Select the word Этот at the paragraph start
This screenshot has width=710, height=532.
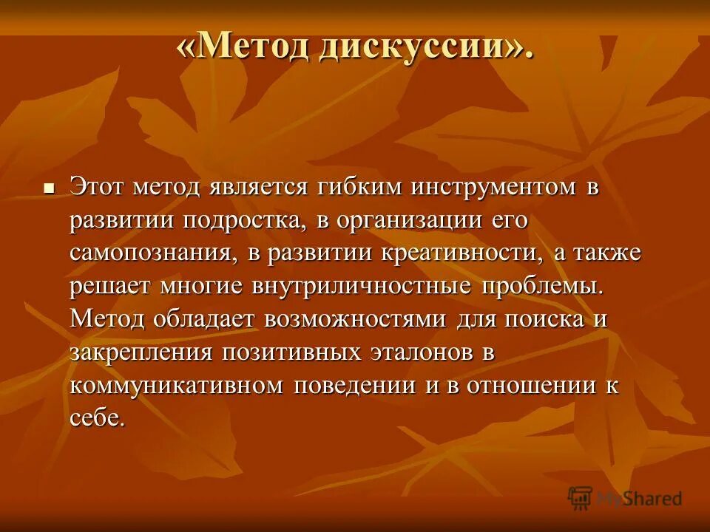[98, 187]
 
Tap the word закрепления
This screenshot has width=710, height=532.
[141, 352]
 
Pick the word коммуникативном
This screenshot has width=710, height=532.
[177, 385]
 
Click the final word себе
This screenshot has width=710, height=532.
[98, 417]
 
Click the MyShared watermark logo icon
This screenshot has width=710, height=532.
[581, 497]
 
